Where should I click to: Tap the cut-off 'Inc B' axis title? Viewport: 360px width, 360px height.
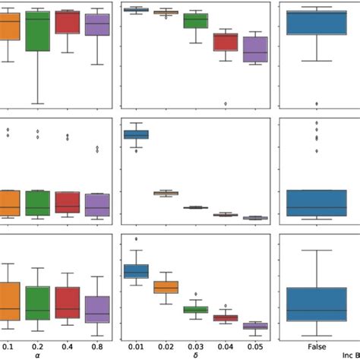click(x=350, y=344)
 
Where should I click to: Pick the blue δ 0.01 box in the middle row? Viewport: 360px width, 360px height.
click(x=136, y=134)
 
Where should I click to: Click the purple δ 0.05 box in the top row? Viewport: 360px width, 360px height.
click(x=255, y=49)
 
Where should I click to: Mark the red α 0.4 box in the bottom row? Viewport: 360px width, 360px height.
click(x=68, y=302)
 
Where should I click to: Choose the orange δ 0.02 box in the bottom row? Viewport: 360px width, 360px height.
click(x=166, y=287)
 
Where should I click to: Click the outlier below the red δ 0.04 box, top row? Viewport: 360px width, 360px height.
click(x=226, y=103)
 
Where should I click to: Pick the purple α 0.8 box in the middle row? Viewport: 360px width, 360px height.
click(x=97, y=204)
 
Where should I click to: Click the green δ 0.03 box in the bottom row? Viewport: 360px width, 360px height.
click(x=195, y=309)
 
